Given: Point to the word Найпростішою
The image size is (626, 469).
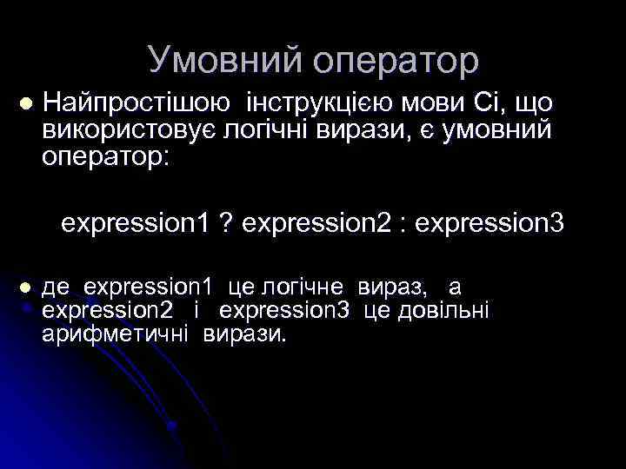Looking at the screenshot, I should click(x=137, y=103).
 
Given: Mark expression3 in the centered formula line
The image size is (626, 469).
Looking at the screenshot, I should click(x=489, y=224).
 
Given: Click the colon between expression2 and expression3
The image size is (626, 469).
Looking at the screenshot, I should click(x=403, y=225).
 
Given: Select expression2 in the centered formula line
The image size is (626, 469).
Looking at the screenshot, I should click(x=316, y=224).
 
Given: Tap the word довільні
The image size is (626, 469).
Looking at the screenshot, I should click(x=445, y=310).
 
